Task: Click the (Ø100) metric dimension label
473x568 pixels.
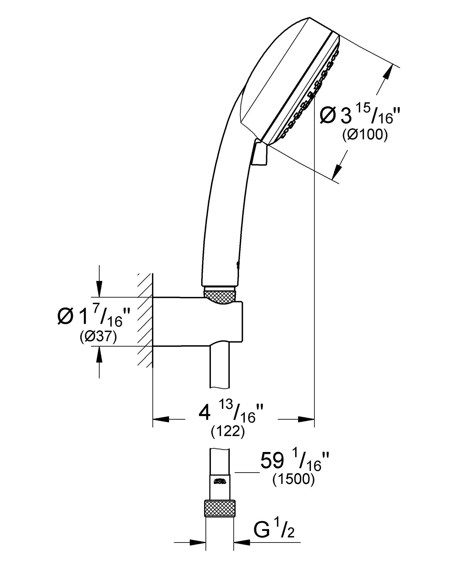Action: (x=365, y=135)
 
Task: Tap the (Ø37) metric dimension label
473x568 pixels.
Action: (x=98, y=337)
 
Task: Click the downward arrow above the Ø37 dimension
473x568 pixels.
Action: (x=99, y=288)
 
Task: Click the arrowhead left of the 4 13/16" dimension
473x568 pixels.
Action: (x=161, y=419)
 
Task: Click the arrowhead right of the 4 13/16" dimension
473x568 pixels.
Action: (x=306, y=419)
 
